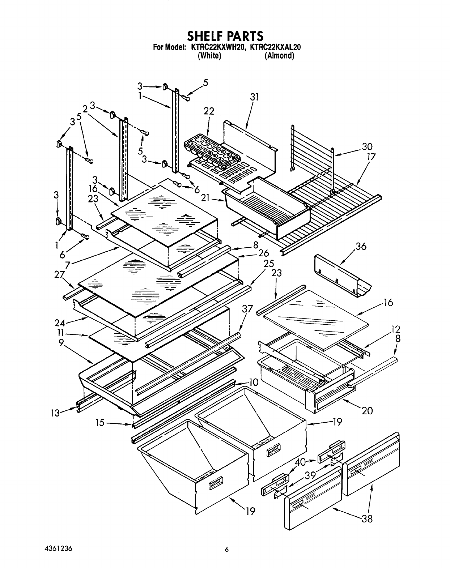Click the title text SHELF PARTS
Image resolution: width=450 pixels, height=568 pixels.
(225, 36)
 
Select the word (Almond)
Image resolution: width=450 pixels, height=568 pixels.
(279, 56)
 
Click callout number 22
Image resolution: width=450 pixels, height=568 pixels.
(209, 111)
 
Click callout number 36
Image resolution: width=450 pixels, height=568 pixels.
(361, 246)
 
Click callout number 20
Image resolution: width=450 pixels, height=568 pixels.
(367, 410)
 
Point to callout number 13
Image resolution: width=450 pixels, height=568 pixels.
(55, 413)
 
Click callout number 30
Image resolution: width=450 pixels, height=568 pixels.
(367, 146)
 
